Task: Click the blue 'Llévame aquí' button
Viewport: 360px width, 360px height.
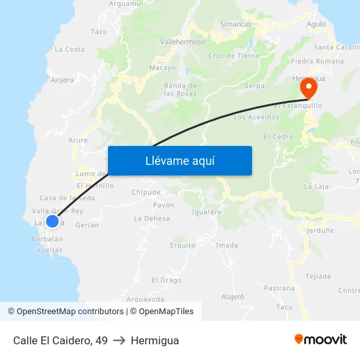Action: coord(179,160)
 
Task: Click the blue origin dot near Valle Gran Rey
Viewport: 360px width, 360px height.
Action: coord(52,221)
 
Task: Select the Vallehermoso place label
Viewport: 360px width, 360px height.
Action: coord(183,41)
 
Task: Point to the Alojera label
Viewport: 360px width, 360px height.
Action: coord(62,81)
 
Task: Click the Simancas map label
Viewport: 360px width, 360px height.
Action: coord(236,24)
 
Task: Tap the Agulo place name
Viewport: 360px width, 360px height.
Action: coord(316,24)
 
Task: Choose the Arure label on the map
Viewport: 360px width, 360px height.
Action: coord(78,139)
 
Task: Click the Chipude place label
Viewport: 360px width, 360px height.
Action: coord(146,192)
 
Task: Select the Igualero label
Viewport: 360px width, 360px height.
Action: coord(207,211)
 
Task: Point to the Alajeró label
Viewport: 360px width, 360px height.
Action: coord(233,297)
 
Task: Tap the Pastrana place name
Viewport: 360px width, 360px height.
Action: coord(279,288)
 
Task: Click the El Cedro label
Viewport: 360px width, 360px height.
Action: coord(278,136)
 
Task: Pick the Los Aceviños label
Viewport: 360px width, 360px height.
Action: coord(257,117)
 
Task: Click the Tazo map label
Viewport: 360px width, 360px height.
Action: coord(99,31)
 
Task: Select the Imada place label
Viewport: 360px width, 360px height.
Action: coord(227,245)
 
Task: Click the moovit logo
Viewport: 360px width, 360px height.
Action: coord(321,340)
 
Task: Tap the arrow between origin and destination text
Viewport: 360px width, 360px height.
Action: coord(119,340)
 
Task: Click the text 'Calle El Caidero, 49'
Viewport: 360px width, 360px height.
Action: coord(60,340)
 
